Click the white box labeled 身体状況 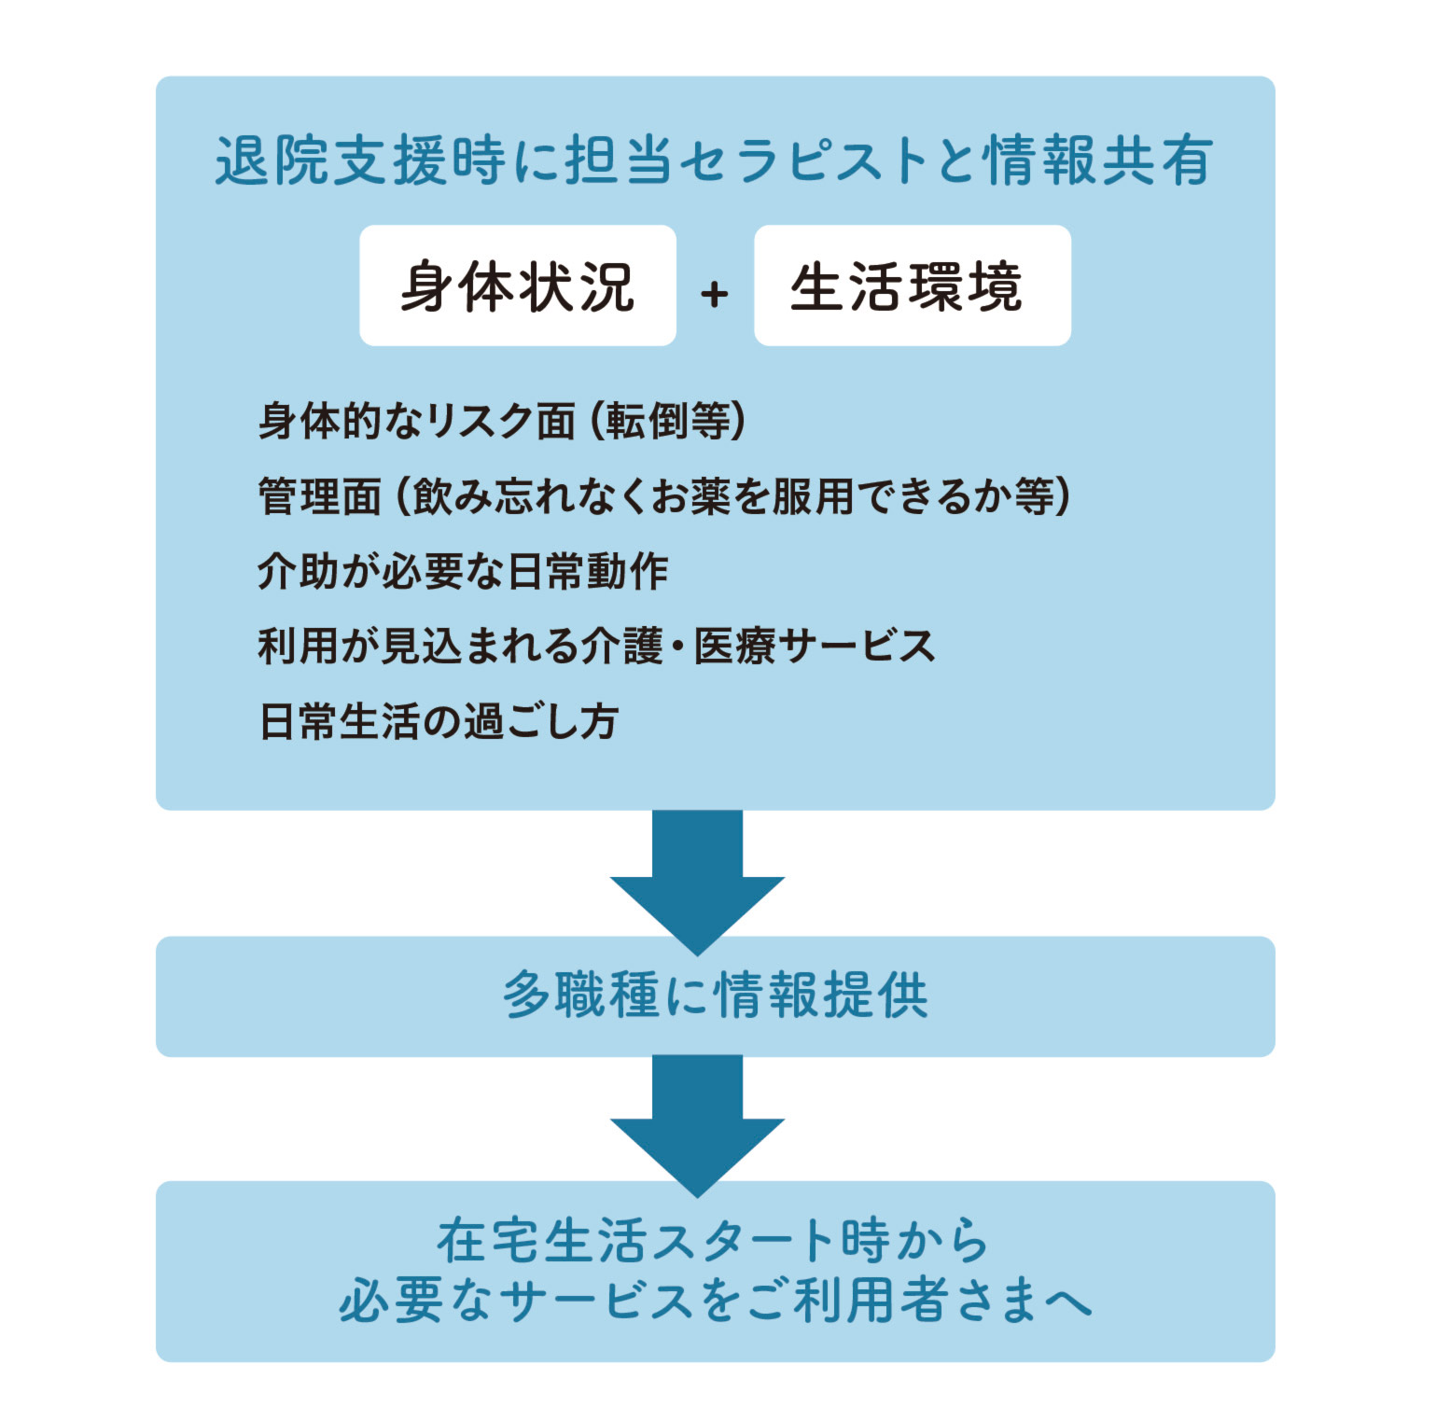click(518, 285)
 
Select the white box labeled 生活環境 click(912, 285)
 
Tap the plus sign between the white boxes click(715, 294)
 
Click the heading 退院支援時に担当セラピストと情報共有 click(714, 160)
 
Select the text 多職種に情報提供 click(715, 995)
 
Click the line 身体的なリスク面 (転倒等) click(502, 421)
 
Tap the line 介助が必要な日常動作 click(463, 571)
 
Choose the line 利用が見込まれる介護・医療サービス click(596, 646)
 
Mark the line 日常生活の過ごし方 click(439, 721)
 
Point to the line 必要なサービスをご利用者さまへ click(715, 1301)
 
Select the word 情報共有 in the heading click(1099, 160)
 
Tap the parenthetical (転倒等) click(668, 421)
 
